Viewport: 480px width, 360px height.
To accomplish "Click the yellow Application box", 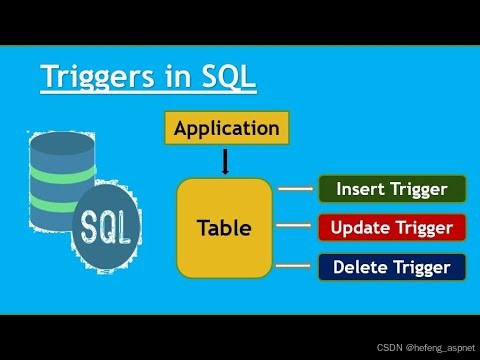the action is [x=227, y=128].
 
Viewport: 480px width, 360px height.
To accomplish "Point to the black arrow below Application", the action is [x=225, y=162].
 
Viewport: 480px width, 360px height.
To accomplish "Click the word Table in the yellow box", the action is [x=224, y=228].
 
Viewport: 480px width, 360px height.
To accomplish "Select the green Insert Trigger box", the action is [x=392, y=189].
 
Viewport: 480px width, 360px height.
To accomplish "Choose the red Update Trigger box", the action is [x=392, y=228].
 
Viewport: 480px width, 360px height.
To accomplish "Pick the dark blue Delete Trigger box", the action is [x=392, y=267].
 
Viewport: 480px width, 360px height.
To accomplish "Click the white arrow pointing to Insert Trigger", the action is [x=296, y=189].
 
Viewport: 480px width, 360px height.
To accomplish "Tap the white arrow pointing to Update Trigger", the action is [x=294, y=226].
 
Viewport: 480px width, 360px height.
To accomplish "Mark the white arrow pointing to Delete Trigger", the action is [x=293, y=266].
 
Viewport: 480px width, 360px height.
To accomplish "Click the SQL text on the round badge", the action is [x=105, y=228].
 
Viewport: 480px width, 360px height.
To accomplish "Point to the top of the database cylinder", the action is [x=62, y=143].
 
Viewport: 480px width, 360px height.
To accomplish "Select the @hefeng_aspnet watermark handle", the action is [x=440, y=348].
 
